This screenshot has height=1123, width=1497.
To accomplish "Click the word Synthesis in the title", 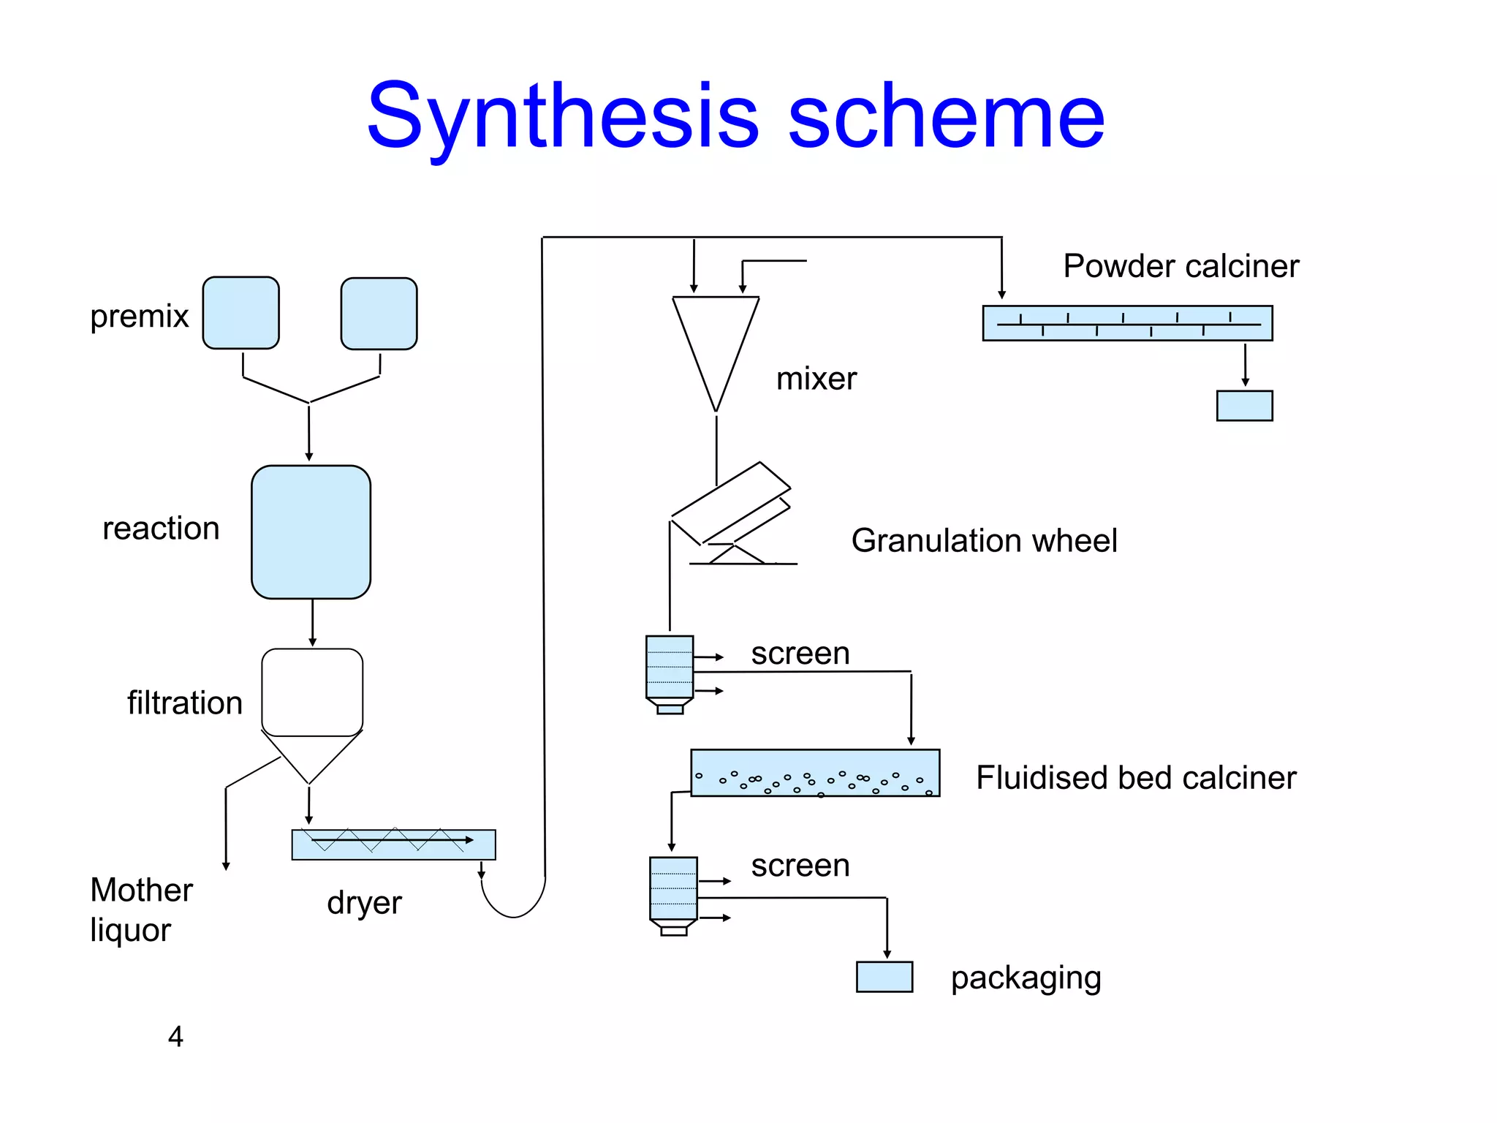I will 563,117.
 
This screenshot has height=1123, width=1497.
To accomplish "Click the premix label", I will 139,317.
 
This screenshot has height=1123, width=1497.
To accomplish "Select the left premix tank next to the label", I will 240,313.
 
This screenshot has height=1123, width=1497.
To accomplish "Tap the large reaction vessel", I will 311,532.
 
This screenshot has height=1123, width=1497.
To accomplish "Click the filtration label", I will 184,703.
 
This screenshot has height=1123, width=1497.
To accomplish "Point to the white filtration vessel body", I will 312,692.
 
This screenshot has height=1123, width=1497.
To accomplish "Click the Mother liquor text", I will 140,910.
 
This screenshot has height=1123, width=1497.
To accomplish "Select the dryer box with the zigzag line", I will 393,845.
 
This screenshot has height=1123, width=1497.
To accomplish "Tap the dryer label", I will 364,903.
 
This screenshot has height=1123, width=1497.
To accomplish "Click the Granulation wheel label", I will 984,541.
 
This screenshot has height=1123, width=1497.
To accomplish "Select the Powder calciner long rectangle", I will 1127,323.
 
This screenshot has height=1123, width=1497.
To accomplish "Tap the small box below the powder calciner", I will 1244,406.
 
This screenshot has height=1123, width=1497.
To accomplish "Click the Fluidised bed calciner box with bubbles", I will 815,773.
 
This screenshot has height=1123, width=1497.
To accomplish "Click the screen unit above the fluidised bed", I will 670,667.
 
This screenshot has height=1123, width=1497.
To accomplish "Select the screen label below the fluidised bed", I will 800,866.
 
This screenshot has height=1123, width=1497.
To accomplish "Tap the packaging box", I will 884,977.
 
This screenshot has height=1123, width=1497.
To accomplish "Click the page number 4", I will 175,1037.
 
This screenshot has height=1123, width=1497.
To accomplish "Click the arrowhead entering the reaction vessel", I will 309,456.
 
